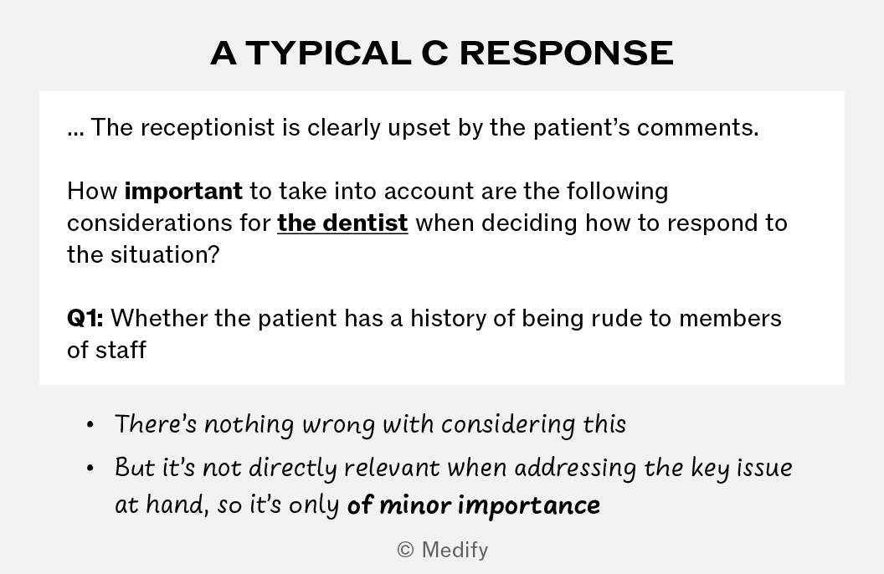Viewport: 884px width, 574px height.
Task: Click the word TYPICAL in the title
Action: [328, 54]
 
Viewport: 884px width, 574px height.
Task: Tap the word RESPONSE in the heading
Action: [567, 54]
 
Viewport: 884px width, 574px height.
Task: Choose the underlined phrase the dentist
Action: [342, 223]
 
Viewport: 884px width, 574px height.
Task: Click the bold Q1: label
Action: [85, 319]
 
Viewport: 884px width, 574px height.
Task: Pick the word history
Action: [448, 320]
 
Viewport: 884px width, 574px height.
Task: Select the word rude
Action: [617, 319]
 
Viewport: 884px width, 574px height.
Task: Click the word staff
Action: [121, 350]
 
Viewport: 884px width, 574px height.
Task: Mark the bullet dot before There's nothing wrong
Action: [90, 425]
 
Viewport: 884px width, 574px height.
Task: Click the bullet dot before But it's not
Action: [90, 469]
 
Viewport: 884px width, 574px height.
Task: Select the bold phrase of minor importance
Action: [474, 505]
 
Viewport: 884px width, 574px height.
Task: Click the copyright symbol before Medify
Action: [405, 550]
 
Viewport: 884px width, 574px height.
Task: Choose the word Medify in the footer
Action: [455, 551]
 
